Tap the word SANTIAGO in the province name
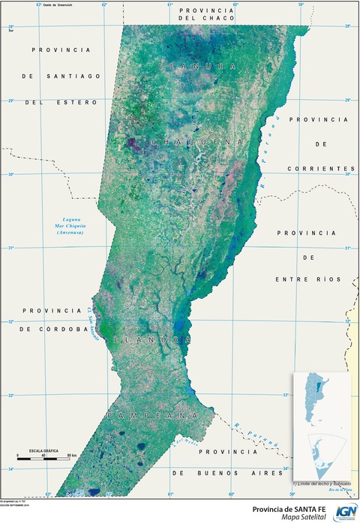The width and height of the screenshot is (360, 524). (x=70, y=76)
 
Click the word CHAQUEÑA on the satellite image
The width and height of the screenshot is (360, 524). (x=197, y=141)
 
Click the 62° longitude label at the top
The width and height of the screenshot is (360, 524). (x=104, y=5)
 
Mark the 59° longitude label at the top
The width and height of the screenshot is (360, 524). (x=301, y=5)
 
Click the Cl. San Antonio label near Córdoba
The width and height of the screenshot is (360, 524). (x=92, y=322)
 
